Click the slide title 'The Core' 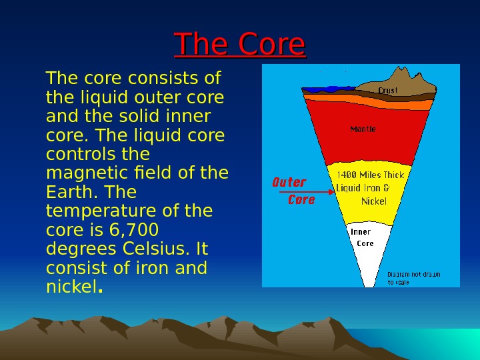(239, 45)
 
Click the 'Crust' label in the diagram (388, 90)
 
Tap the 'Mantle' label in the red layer (363, 129)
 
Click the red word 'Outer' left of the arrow (289, 182)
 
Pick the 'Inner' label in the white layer (361, 232)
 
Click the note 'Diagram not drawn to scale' (414, 278)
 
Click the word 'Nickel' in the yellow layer (373, 201)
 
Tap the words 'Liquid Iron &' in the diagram (362, 188)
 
